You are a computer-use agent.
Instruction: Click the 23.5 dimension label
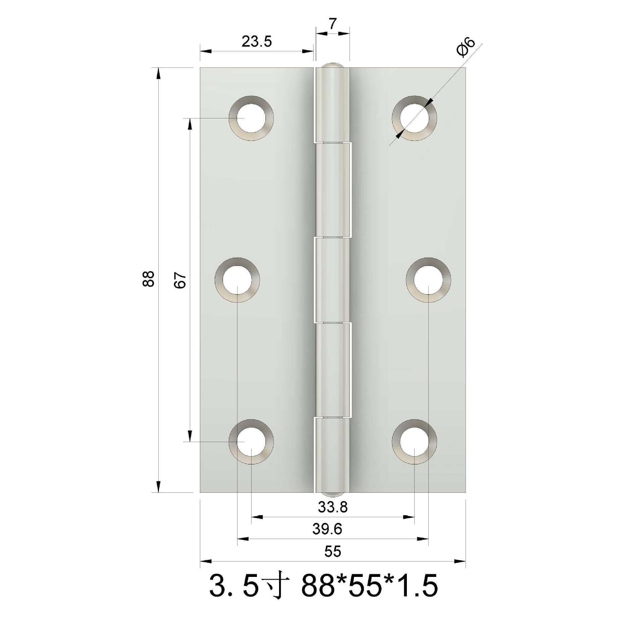coord(257,42)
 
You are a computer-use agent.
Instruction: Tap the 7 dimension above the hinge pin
coord(332,24)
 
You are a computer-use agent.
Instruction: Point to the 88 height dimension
coord(148,279)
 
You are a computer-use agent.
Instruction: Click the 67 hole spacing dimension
coord(180,280)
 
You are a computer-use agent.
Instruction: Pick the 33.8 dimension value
coord(333,507)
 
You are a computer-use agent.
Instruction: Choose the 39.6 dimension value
coord(327,529)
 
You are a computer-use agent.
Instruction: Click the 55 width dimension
coord(333,551)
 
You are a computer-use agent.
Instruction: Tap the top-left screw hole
coord(251,118)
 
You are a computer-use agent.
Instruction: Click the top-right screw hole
coord(415,118)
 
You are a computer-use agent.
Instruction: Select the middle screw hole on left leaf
coord(237,280)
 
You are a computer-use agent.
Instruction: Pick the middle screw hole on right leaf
coord(428,280)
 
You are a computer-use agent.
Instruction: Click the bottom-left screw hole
coord(251,442)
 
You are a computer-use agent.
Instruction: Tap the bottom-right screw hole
coord(415,442)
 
